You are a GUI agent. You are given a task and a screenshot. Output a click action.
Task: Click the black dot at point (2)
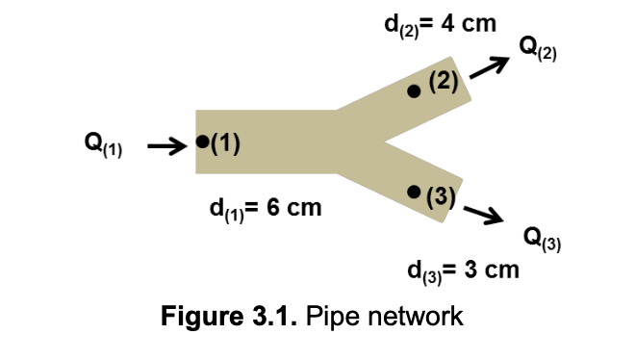pyautogui.click(x=414, y=91)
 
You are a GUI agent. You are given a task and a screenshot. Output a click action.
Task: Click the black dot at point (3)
pyautogui.click(x=414, y=193)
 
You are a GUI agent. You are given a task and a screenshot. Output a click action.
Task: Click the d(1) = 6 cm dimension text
pyautogui.click(x=265, y=208)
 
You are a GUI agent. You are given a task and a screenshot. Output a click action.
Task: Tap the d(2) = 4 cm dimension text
pyautogui.click(x=439, y=23)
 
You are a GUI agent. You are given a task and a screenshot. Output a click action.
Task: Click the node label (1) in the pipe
pyautogui.click(x=224, y=143)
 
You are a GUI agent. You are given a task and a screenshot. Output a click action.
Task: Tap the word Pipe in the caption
pyautogui.click(x=331, y=317)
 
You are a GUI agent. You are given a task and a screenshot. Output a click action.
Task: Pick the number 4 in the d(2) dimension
pyautogui.click(x=448, y=22)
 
